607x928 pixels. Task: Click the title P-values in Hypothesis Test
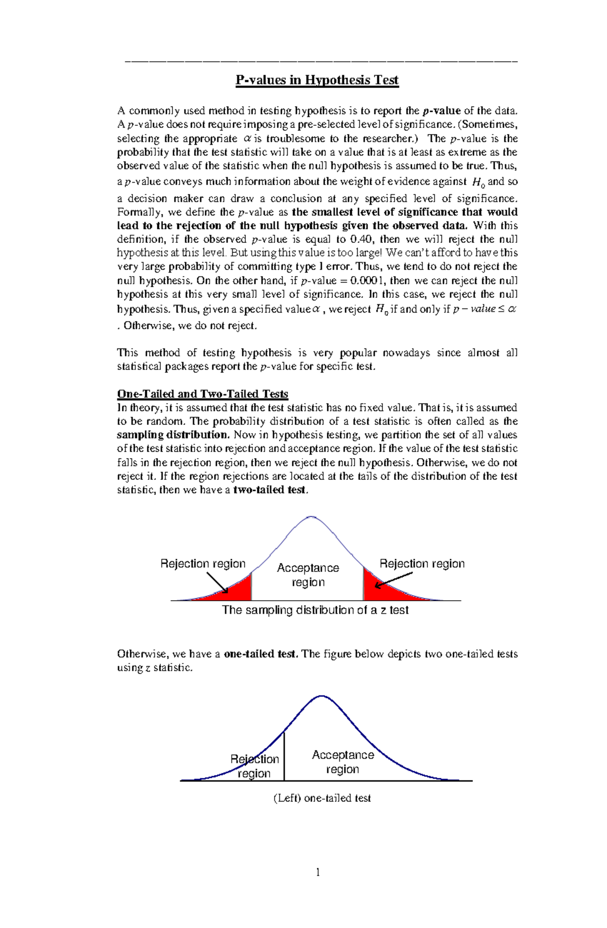tap(317, 80)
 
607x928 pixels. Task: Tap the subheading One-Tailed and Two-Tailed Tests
tap(202, 394)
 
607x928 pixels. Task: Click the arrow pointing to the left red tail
tap(218, 583)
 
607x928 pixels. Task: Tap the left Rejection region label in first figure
tap(203, 564)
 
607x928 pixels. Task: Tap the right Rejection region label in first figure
tap(422, 564)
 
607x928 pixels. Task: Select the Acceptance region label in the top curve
tap(308, 575)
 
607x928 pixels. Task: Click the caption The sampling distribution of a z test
tap(315, 610)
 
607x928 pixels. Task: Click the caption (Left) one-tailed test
tap(322, 798)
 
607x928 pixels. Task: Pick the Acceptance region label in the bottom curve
tap(342, 762)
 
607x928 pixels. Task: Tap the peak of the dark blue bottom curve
tap(322, 696)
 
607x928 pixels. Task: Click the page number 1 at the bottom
tap(318, 872)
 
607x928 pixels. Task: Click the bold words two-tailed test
tap(269, 490)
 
